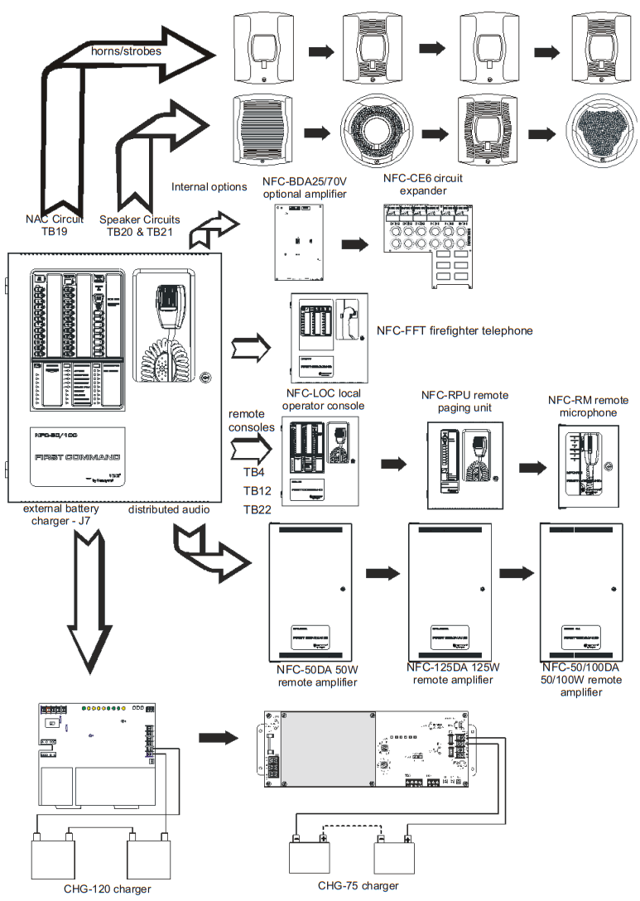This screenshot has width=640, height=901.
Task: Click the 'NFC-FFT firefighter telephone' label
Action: point(455,330)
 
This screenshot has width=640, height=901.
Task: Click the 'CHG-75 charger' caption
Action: point(358,885)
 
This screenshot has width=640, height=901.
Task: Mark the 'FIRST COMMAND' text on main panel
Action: point(77,457)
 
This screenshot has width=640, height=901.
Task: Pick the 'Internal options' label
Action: point(209,186)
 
